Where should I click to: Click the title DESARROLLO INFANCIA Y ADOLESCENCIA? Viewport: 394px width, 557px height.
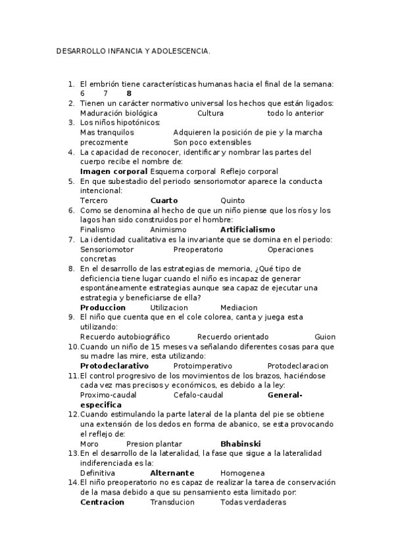coord(134,50)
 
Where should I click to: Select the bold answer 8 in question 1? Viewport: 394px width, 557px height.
coord(129,93)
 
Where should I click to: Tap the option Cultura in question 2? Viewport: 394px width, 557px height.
coord(192,113)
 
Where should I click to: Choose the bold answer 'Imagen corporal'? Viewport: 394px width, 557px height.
coord(113,171)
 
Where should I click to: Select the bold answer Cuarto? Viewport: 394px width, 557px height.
coord(164,200)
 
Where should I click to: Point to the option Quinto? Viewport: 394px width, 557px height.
coord(232,200)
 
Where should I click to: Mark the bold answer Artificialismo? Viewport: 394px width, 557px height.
coord(247,230)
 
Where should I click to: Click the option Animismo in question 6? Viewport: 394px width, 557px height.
coord(168,230)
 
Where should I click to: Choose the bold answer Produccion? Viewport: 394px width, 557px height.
coord(103,307)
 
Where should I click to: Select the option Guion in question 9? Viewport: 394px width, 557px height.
coord(325,337)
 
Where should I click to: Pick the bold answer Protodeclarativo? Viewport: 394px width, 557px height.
coord(114,366)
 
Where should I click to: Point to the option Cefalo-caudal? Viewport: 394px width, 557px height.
coord(198,395)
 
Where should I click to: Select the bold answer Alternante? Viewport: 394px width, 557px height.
coord(172,473)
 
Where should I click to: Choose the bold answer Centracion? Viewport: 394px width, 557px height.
coord(102,502)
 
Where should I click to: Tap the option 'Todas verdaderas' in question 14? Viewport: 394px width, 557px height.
coord(253,502)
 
